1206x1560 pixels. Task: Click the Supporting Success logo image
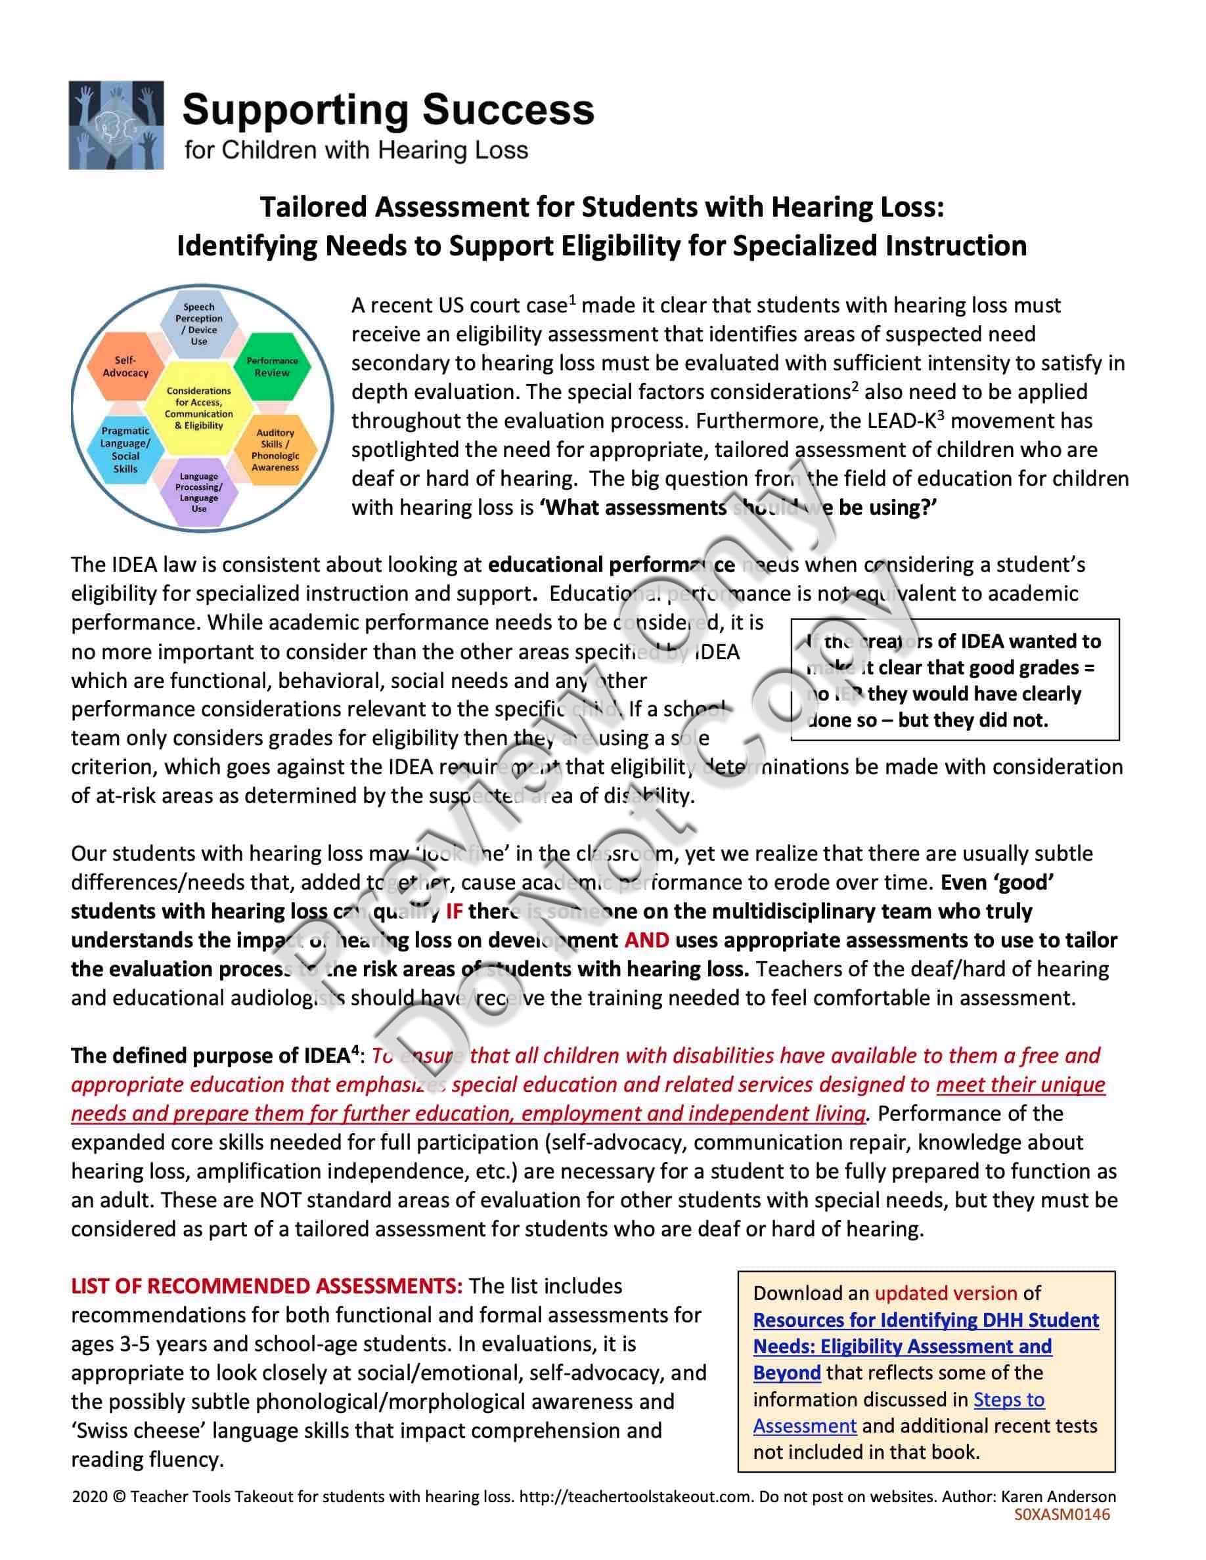point(116,125)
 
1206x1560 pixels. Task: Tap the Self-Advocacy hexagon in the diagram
point(125,367)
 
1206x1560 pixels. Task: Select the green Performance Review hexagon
point(272,367)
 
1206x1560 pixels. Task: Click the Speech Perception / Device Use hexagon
point(198,324)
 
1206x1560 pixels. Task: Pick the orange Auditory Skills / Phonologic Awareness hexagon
point(275,450)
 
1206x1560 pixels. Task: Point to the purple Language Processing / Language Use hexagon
point(198,493)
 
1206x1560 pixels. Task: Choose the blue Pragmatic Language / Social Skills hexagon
point(125,450)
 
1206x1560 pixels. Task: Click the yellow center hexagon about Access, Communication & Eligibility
point(198,408)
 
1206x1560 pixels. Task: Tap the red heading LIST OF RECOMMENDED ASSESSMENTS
point(267,1286)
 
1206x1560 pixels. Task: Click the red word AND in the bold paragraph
point(646,940)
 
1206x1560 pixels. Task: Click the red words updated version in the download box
point(945,1293)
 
